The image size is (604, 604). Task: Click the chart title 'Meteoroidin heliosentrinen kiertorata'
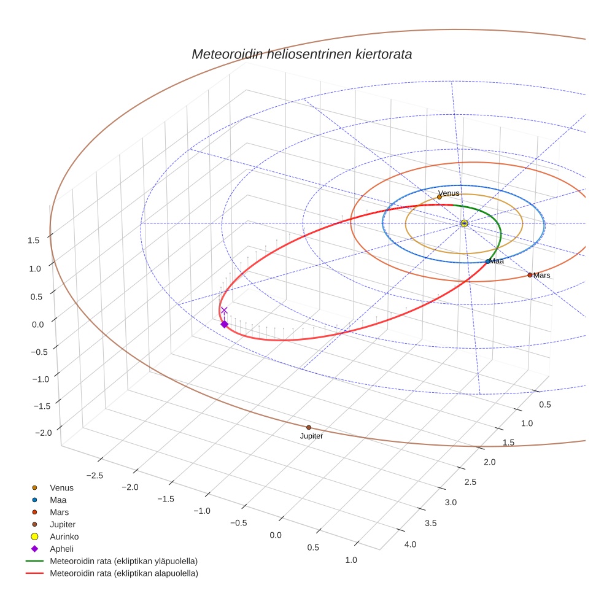301,54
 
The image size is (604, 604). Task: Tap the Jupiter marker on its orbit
309,427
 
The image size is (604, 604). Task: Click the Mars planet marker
530,275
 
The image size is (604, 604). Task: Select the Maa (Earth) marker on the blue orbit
488,261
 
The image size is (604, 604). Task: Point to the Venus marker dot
439,197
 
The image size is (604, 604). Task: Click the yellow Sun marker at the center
464,223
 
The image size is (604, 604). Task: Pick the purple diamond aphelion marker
224,324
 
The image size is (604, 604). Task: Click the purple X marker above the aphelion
224,311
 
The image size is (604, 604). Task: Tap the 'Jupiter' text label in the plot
311,436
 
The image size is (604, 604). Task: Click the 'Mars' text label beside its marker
542,276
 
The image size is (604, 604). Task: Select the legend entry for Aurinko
64,536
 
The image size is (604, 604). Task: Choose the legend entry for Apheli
61,549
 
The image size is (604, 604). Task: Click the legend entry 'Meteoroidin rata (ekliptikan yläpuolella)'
123,561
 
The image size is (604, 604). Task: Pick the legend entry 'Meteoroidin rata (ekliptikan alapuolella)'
123,573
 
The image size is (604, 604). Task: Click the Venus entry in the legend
61,487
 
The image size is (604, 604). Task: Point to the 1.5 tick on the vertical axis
34,241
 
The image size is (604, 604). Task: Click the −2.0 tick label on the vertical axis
43,433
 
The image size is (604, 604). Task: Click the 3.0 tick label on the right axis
450,503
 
